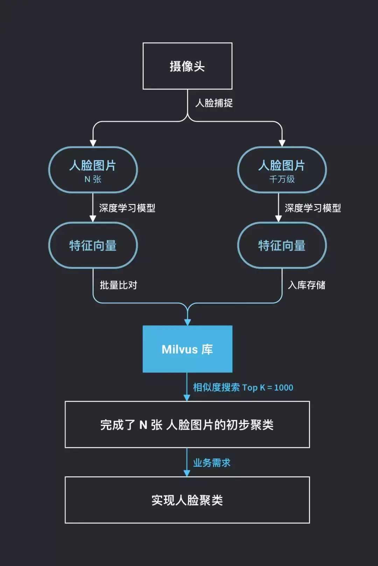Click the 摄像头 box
pos(187,66)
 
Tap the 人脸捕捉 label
pos(214,103)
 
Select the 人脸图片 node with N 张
pos(93,170)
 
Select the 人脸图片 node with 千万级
pos(282,170)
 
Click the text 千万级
pos(282,179)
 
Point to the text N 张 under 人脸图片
pos(93,179)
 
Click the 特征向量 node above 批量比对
pos(93,245)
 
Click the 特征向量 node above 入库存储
pos(282,245)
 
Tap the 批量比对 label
pos(118,285)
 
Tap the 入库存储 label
pos(307,285)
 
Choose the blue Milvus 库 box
pos(187,349)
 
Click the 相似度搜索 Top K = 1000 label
pos(243,387)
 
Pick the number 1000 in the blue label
pos(283,387)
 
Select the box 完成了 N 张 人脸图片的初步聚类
pos(187,424)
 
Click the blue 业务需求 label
pos(212,463)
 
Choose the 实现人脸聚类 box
pos(187,500)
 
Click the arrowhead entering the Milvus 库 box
pos(188,322)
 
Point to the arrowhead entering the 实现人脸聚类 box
pos(187,473)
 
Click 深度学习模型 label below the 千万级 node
pos(313,208)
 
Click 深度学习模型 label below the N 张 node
pos(127,208)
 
